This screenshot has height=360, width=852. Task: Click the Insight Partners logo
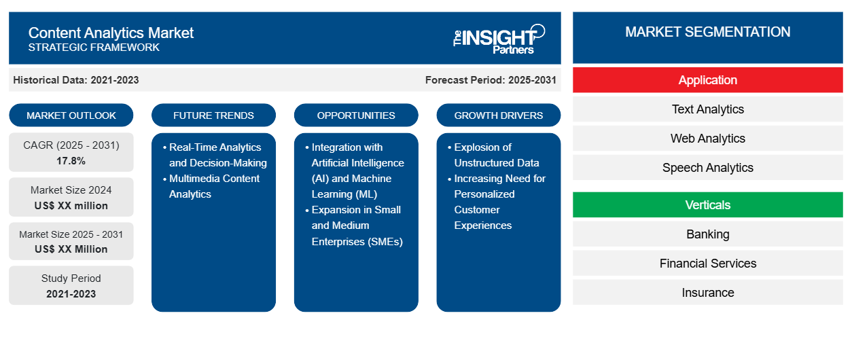[x=499, y=38]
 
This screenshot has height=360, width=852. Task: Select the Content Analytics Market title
[x=111, y=33]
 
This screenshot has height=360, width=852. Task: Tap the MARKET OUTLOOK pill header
[x=71, y=115]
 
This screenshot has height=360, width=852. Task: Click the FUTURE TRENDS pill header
[x=213, y=115]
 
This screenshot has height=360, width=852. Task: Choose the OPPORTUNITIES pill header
[x=356, y=115]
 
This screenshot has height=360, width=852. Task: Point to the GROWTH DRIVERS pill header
[x=499, y=115]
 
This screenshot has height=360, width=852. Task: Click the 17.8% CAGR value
[x=71, y=161]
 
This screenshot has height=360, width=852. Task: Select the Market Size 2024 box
[x=71, y=198]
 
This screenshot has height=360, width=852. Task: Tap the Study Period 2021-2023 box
[x=71, y=286]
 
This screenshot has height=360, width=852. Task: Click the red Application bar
[x=707, y=80]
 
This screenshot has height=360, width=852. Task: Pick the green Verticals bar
[x=707, y=205]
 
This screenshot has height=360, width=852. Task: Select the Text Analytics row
[x=707, y=109]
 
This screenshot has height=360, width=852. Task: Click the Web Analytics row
[x=707, y=139]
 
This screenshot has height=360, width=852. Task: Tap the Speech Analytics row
[x=707, y=168]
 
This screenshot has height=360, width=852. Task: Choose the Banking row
[x=707, y=234]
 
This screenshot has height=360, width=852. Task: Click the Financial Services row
[x=707, y=264]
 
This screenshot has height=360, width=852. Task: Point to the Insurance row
[x=707, y=293]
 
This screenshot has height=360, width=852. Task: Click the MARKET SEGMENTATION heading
[x=707, y=32]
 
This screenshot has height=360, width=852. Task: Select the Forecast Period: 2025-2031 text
[x=491, y=80]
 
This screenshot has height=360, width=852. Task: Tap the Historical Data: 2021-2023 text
[x=76, y=80]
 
